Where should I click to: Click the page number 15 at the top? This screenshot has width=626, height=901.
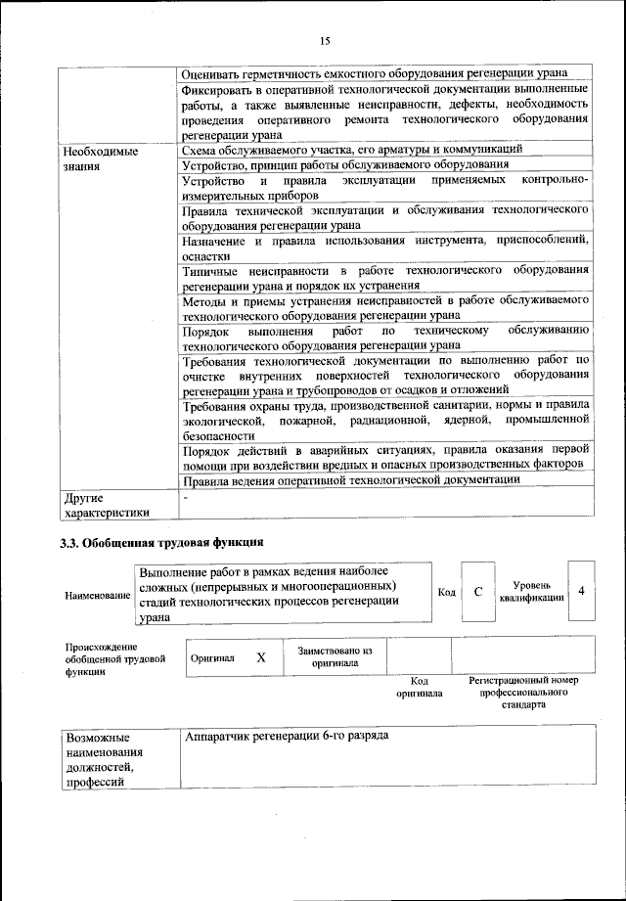coord(325,40)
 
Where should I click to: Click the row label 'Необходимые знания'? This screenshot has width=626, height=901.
coord(101,159)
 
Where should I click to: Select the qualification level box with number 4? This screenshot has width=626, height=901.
coord(581,592)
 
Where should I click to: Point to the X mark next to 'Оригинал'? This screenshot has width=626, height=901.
coord(261,658)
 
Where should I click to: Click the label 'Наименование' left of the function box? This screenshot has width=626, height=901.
coord(97,595)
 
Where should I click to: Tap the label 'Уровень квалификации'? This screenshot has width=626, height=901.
coord(531,592)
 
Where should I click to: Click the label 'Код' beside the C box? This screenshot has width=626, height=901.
coord(446,593)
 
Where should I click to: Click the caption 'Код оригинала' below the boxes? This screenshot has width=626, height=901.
coord(419,686)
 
